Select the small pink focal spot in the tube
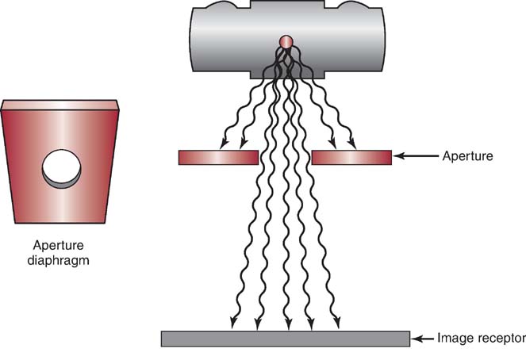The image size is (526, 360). point(286,41)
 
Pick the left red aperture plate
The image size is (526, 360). point(217,157)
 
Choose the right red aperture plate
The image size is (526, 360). point(351,157)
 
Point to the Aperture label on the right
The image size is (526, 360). point(467,156)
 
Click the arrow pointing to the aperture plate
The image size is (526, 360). point(414,157)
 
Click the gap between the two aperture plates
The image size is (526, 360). point(286,157)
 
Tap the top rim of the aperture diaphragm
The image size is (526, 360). point(61,104)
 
